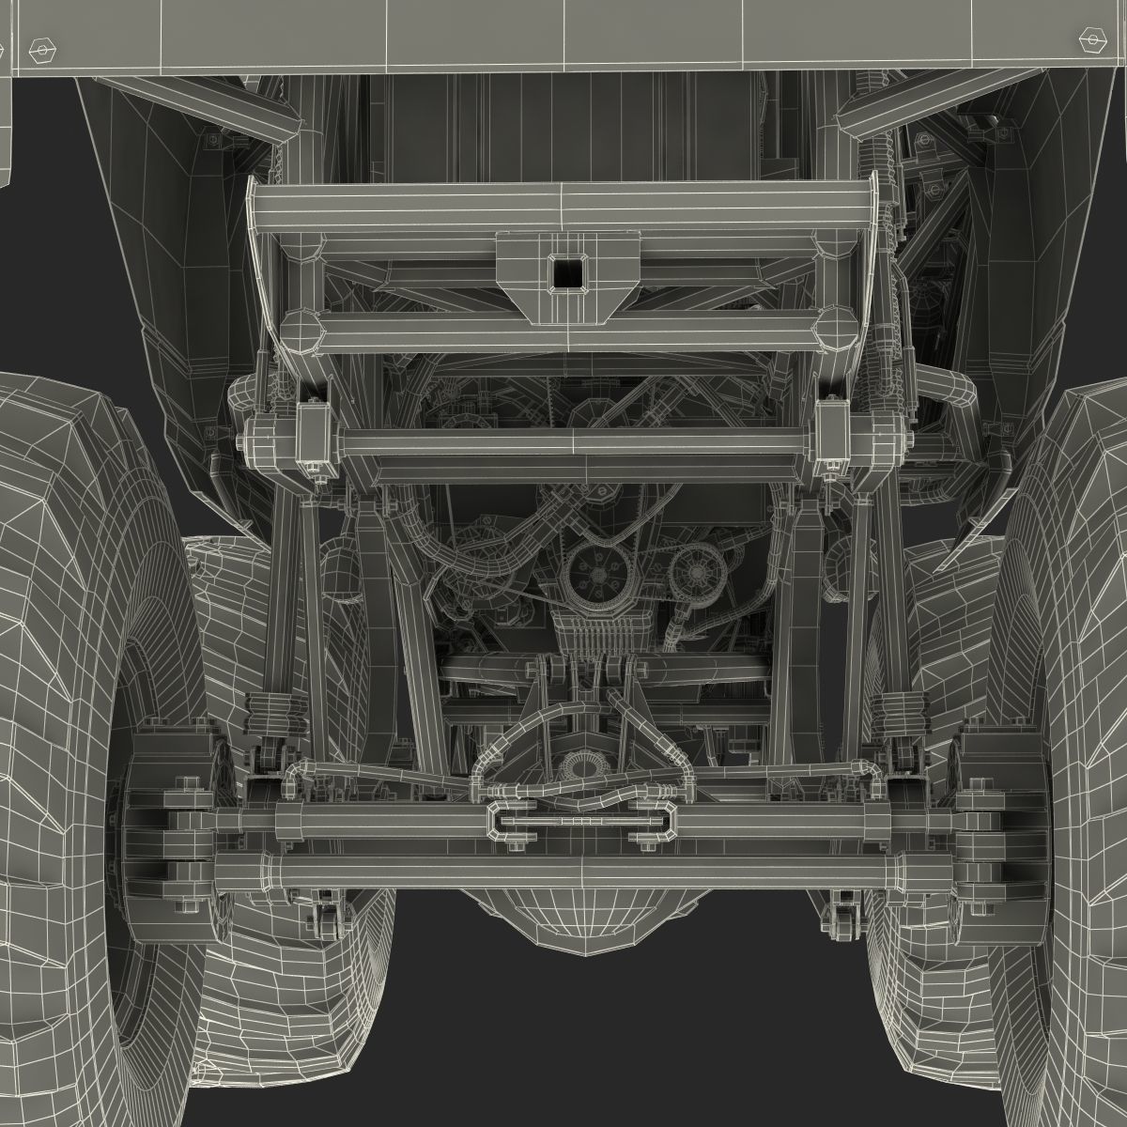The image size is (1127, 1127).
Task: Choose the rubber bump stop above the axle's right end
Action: coord(890,710)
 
